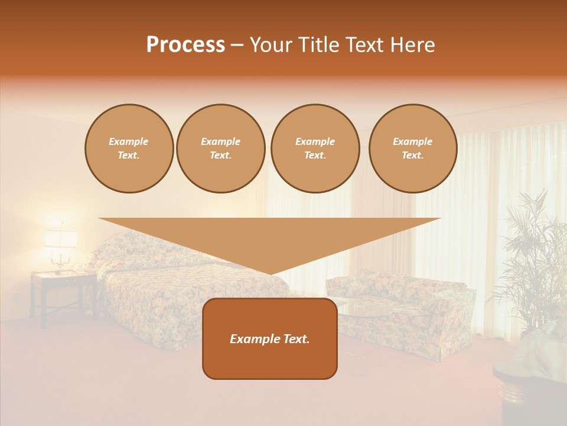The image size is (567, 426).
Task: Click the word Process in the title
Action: [x=185, y=45]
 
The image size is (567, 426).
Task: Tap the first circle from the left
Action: [x=129, y=149]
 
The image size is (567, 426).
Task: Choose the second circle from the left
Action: [x=221, y=149]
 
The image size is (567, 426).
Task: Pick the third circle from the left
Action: [x=315, y=149]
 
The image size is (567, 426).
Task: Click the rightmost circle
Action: [x=413, y=149]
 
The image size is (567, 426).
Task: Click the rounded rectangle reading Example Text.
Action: [x=270, y=338]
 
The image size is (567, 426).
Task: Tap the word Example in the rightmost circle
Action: [x=412, y=141]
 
